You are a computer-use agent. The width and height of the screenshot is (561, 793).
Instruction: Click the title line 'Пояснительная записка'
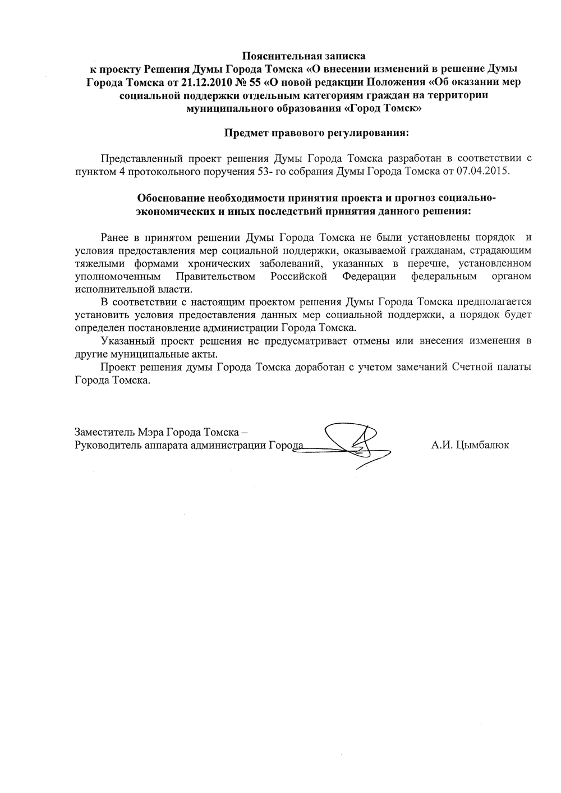click(x=304, y=56)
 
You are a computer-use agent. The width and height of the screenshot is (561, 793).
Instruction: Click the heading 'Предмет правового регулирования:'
click(x=316, y=133)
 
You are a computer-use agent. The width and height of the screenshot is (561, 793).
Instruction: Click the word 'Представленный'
click(x=135, y=158)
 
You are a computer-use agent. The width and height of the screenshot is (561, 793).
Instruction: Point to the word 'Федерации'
click(x=369, y=276)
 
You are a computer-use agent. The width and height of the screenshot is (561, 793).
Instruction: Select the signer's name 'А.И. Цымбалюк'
click(x=470, y=446)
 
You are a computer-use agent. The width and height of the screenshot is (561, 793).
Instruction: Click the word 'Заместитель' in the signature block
click(x=100, y=432)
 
